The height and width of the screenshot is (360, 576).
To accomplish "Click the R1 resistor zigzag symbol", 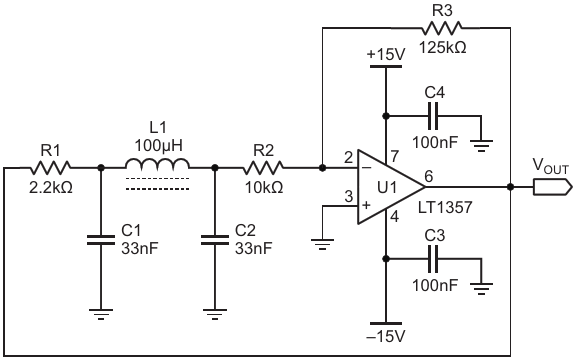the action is (50, 168).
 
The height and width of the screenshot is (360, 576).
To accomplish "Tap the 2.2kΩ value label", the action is (51, 188).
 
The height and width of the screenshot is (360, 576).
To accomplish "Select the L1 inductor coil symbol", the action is (158, 164).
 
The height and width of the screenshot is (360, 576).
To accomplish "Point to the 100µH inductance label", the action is (158, 146).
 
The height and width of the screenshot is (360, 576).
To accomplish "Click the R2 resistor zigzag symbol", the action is (263, 168).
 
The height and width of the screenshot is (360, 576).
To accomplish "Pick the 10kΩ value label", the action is (264, 188).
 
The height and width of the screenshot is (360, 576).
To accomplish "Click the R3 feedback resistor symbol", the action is (442, 28).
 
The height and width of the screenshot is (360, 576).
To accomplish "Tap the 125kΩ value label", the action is (443, 47).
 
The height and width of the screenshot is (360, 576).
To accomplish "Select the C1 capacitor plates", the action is (101, 240).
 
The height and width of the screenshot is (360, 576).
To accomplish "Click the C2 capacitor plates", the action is (215, 240).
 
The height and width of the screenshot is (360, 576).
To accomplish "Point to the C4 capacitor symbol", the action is (433, 116).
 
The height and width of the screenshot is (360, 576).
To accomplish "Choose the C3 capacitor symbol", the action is (433, 259).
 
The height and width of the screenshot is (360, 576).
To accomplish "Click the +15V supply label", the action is (386, 55).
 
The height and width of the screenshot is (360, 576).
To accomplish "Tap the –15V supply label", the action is (386, 336).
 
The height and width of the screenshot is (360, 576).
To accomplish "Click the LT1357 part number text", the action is (445, 208).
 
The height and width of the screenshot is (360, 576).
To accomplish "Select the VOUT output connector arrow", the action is (552, 187).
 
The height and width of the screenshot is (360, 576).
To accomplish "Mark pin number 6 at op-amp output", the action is (429, 176).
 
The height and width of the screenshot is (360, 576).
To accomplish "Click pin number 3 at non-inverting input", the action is (349, 197).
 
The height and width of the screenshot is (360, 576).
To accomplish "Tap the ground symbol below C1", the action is (101, 314).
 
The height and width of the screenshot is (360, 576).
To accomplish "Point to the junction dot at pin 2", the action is (322, 168).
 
